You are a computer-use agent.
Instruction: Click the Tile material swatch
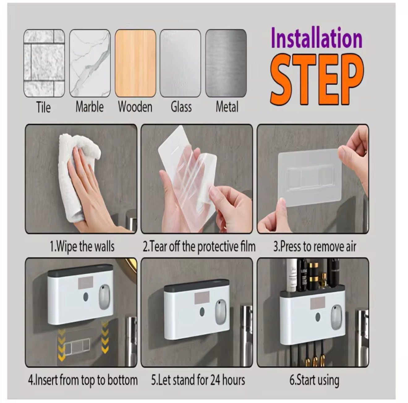(44, 63)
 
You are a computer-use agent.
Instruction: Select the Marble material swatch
(90, 63)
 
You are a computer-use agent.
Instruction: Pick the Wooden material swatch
(135, 63)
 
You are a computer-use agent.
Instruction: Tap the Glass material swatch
(181, 63)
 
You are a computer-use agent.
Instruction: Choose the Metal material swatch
(226, 63)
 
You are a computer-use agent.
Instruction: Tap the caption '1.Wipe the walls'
(82, 247)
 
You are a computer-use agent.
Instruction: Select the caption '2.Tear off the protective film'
(199, 247)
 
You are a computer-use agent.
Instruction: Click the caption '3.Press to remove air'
(315, 247)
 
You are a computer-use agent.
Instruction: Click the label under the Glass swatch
(181, 107)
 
